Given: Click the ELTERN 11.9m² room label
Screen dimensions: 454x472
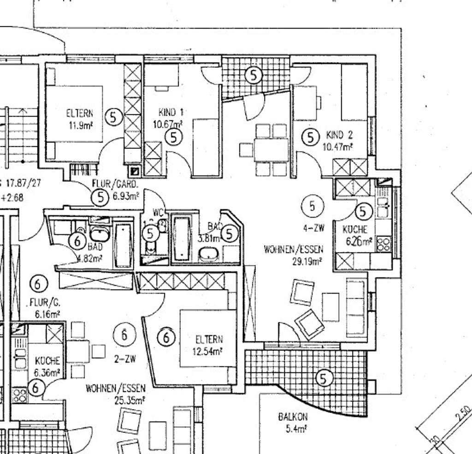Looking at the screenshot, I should (x=80, y=118).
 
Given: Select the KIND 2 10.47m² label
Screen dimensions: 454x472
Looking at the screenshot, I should (x=339, y=141).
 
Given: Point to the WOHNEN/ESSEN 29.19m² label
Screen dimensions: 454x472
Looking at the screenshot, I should (x=294, y=255).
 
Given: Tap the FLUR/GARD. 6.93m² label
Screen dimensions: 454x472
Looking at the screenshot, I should (x=115, y=189).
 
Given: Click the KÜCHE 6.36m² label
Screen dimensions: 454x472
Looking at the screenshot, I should (x=47, y=366).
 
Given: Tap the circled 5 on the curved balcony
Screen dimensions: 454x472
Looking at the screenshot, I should (x=324, y=378).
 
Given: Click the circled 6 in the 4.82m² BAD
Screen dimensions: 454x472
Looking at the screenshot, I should (x=77, y=240).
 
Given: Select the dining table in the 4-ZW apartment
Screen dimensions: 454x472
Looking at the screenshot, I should (x=271, y=150).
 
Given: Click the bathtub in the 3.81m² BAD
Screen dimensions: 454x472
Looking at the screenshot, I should (x=182, y=238).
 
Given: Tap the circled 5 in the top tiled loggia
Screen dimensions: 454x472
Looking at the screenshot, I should (x=253, y=75).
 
